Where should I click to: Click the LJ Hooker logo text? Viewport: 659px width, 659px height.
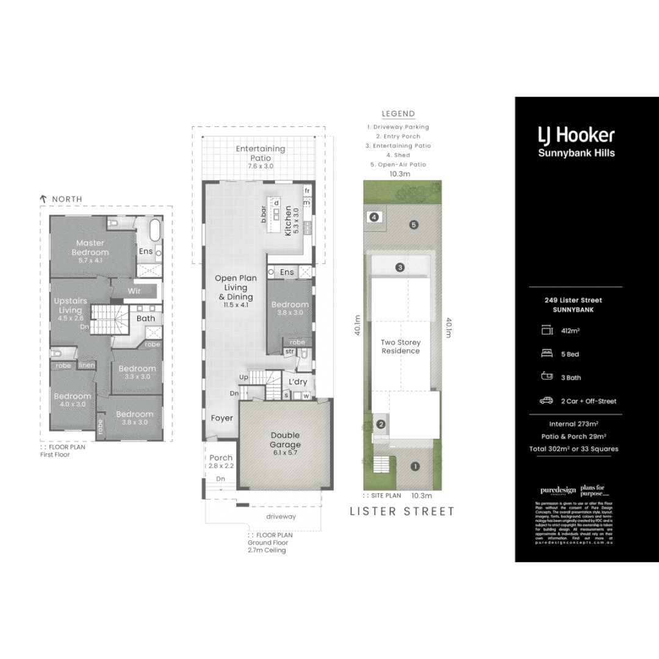pos(576,135)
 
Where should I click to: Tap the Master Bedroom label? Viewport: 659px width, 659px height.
pos(90,247)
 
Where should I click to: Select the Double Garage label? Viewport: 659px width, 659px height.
pos(286,440)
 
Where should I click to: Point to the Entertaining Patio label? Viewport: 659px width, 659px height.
pos(261,153)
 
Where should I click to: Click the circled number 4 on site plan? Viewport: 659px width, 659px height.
pos(374,217)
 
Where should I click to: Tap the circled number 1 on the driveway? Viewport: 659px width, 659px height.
pos(415,467)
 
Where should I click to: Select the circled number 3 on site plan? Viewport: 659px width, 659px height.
pos(400,267)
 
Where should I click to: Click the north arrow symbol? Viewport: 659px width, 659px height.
pos(43,199)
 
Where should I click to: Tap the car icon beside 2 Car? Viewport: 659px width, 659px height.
pos(546,401)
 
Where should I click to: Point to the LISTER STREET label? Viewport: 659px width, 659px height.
pos(402,511)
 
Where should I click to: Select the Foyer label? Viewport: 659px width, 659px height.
pos(222,418)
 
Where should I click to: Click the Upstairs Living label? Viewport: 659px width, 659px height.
pos(70,305)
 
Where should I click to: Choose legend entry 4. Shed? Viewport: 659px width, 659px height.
pos(398,155)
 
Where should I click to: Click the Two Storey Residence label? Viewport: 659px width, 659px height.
pos(401,347)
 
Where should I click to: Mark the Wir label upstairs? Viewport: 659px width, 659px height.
pos(134,291)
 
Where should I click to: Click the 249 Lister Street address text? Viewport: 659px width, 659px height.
pos(573,300)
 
